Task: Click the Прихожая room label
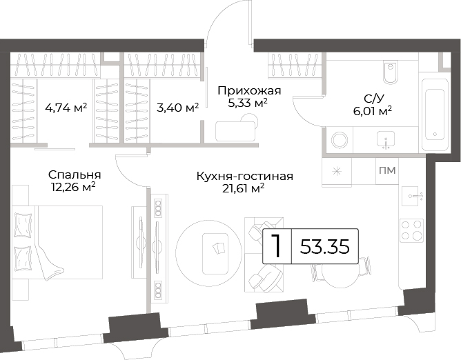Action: point(249,91)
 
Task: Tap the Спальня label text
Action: point(75,175)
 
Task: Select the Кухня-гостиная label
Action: point(244,177)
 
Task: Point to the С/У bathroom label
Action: point(373,99)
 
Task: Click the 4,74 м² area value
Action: point(66,108)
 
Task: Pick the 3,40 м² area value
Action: point(177,108)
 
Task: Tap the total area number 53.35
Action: point(324,246)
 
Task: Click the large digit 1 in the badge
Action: point(276,246)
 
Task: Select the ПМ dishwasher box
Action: point(387,170)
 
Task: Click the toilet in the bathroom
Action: point(391,72)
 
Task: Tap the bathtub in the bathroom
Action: point(435,115)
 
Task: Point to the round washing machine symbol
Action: point(340,140)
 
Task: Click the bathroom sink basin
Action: point(386,139)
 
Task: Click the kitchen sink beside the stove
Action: point(411,196)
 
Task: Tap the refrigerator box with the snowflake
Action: point(337,171)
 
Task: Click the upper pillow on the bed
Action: point(23,225)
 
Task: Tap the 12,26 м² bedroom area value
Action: point(73,187)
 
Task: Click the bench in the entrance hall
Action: point(235,131)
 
